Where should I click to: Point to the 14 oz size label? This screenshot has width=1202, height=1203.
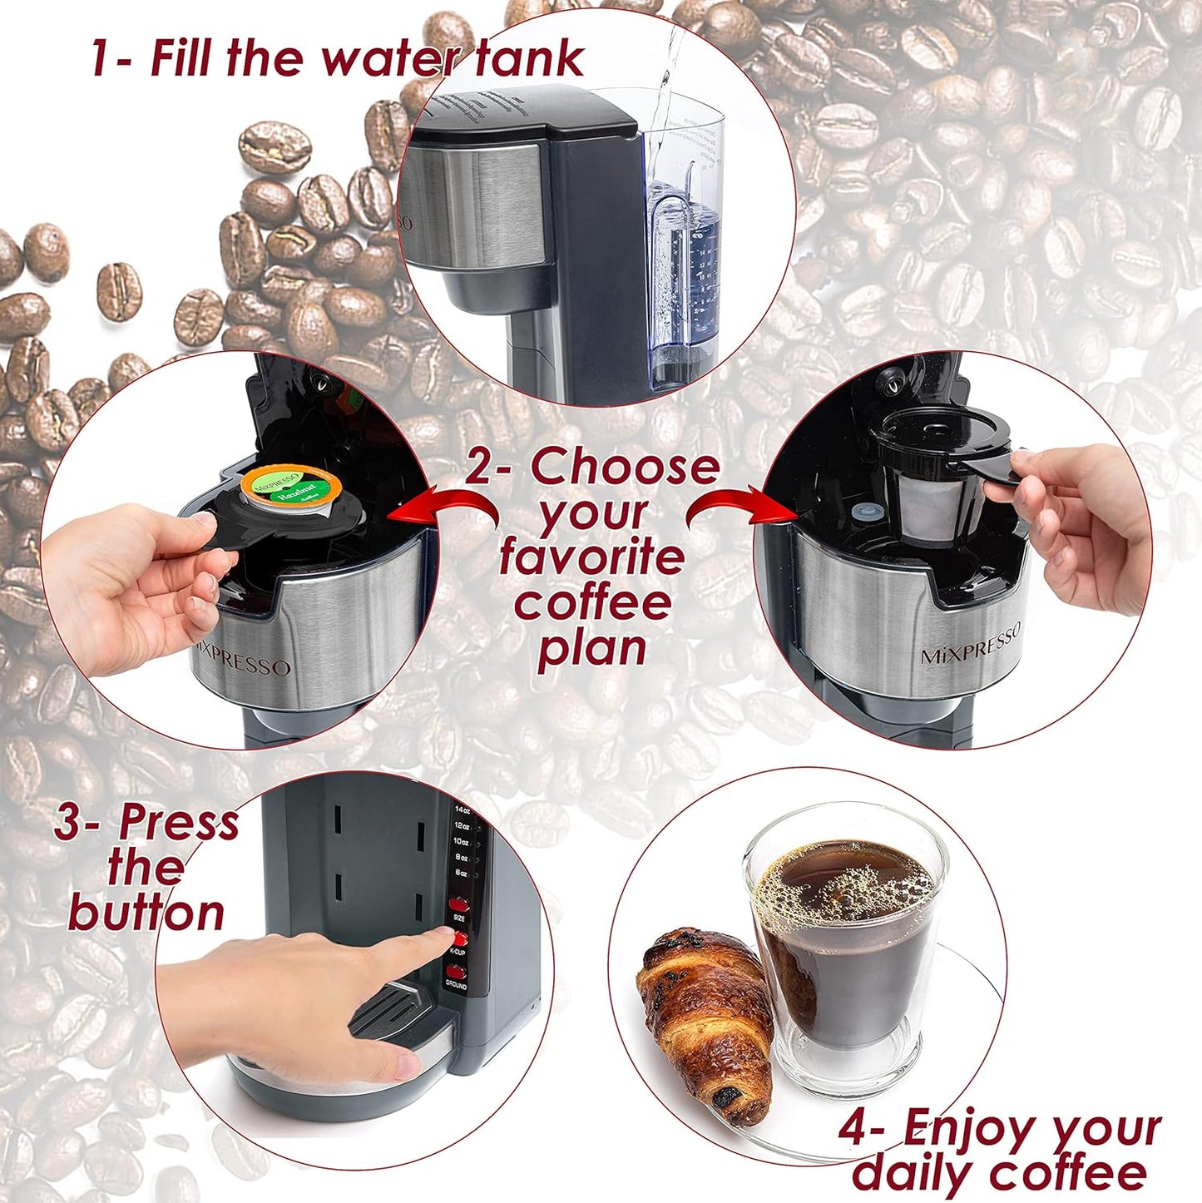[462, 809]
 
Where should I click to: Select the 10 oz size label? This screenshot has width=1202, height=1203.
[460, 842]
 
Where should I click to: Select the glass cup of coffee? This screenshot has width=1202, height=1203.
[844, 940]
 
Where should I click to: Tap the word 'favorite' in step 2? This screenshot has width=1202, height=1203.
[591, 557]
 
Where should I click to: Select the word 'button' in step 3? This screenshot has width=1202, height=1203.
[146, 913]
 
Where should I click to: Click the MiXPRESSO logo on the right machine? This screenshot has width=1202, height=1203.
[970, 646]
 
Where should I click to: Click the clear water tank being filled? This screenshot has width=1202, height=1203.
[682, 250]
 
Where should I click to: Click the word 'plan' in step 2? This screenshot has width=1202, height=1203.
[591, 649]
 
